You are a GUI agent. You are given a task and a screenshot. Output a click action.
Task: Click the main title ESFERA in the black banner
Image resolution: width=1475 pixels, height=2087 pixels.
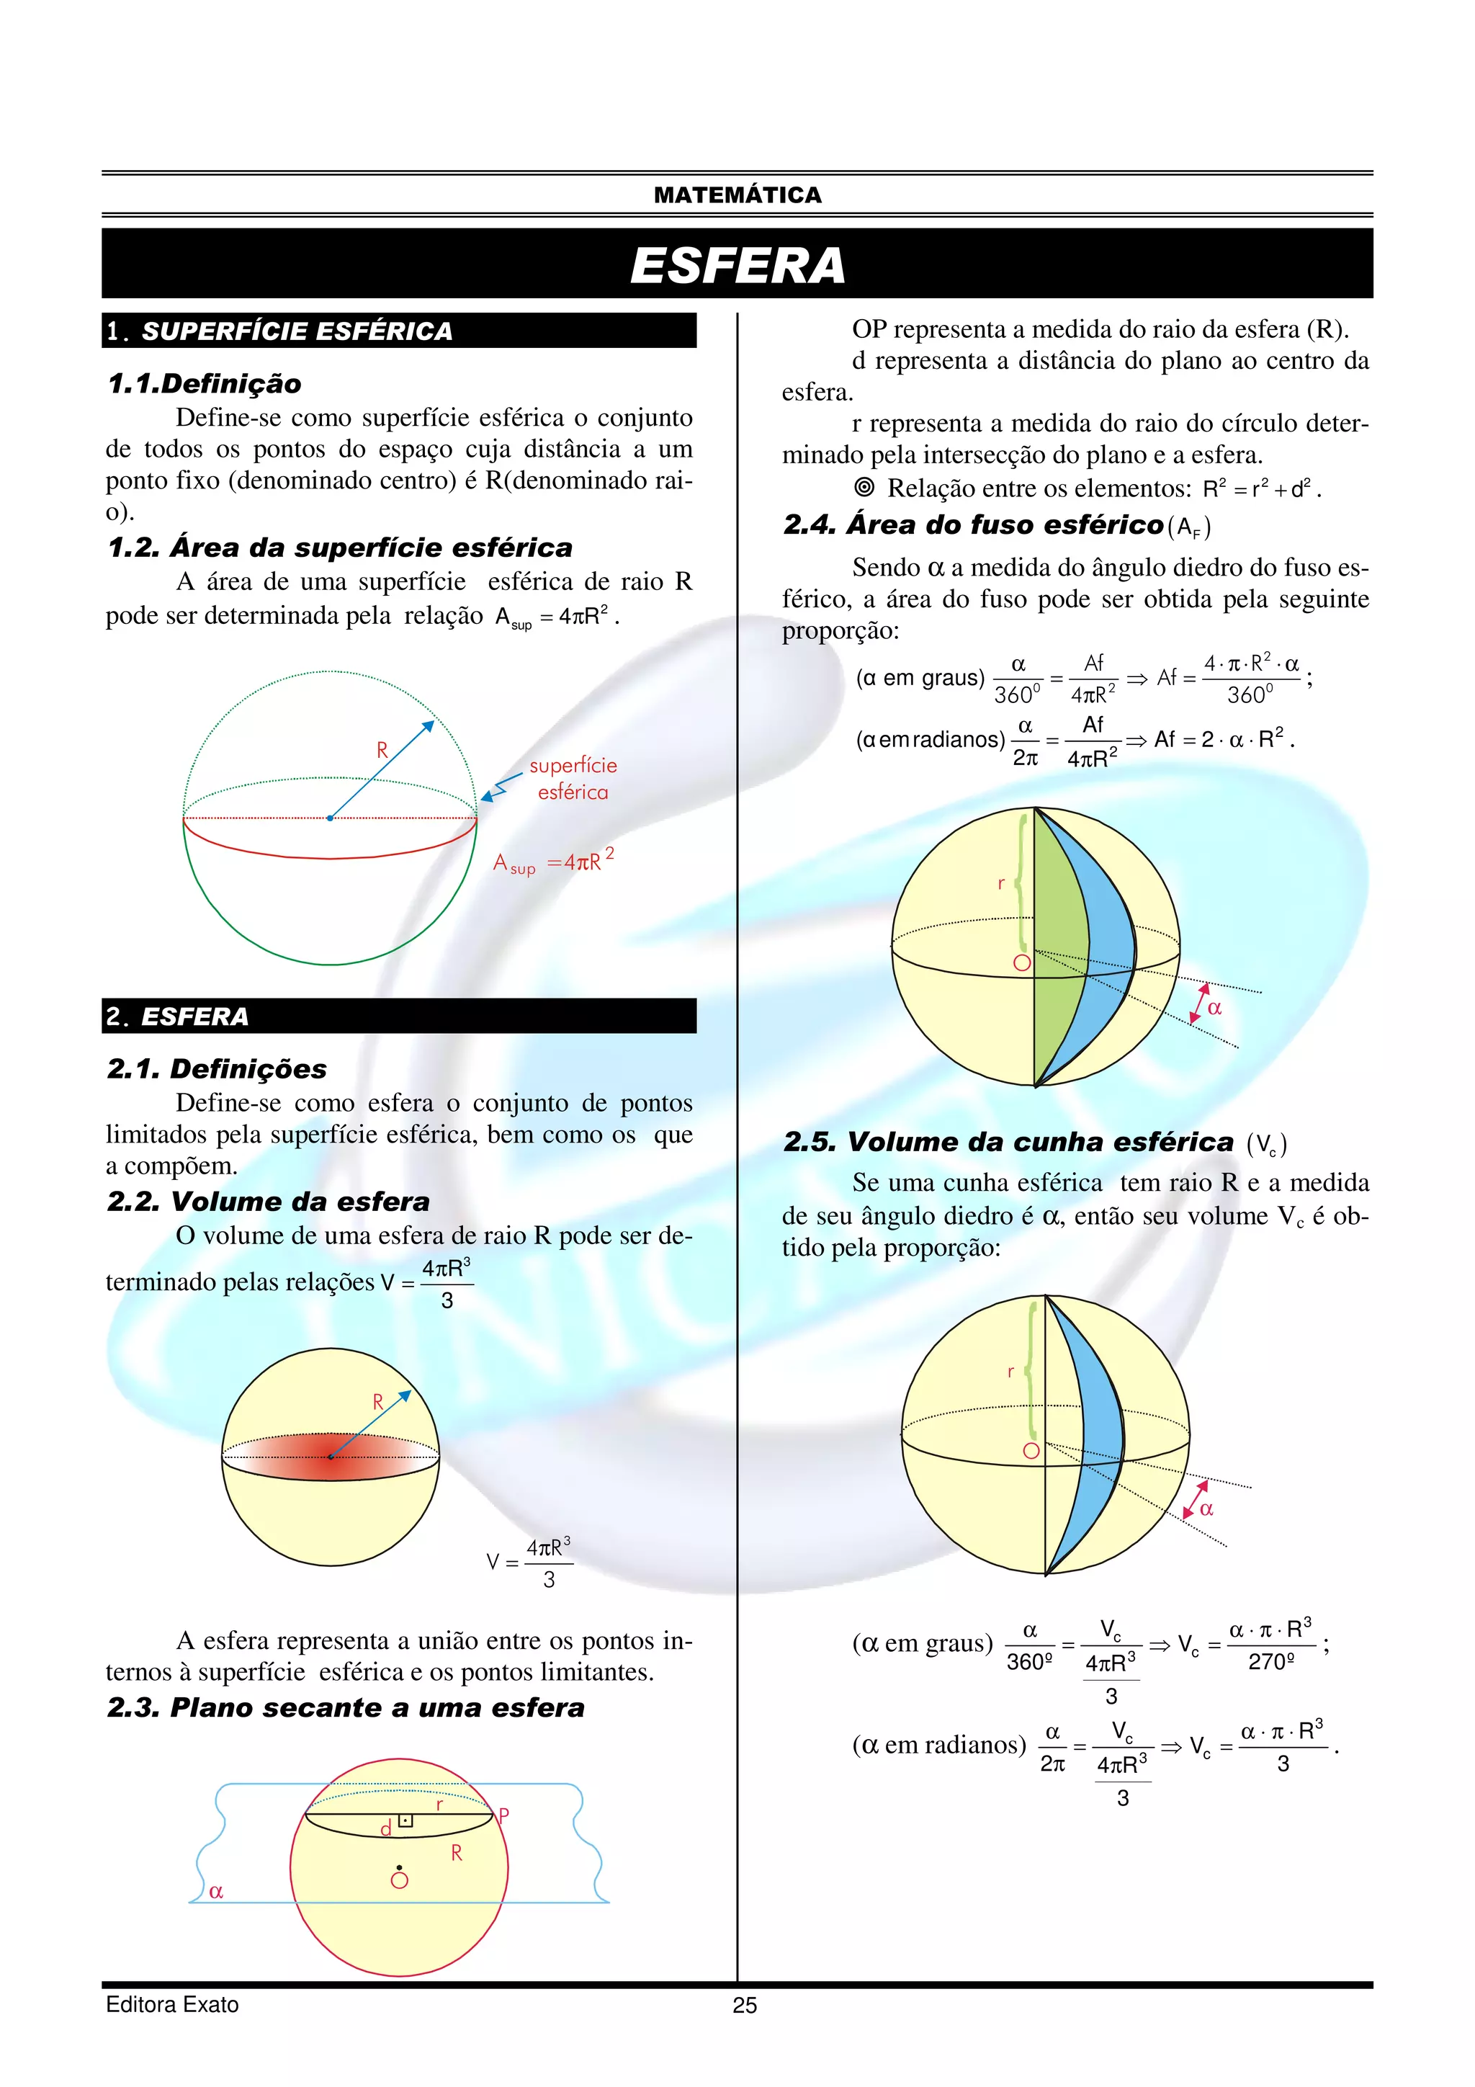click(737, 265)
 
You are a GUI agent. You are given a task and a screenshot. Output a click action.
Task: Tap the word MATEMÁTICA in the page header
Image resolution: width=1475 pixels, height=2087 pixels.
click(737, 195)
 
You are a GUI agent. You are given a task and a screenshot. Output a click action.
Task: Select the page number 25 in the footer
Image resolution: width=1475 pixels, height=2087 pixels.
click(744, 2005)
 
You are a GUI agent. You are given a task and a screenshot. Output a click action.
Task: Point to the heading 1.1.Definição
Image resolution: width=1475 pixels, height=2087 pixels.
click(205, 383)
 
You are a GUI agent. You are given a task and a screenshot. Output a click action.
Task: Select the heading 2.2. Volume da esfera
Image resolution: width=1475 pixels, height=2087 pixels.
click(268, 1202)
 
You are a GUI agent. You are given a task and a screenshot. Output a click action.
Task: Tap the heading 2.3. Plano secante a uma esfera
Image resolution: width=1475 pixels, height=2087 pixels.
click(346, 1707)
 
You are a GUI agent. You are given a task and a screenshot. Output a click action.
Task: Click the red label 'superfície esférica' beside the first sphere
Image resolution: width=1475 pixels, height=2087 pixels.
click(573, 779)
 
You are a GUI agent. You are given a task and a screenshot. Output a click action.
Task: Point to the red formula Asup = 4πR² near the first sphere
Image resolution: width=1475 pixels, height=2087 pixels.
click(552, 861)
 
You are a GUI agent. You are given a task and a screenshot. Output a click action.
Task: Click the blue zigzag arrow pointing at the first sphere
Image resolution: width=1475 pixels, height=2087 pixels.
click(501, 787)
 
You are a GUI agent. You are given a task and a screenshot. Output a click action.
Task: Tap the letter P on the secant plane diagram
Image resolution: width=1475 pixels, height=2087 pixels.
click(503, 1815)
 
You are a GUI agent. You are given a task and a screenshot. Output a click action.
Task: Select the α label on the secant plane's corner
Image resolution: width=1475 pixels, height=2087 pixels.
click(215, 1892)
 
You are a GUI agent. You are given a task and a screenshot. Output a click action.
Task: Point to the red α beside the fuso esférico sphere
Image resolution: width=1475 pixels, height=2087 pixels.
click(1214, 1007)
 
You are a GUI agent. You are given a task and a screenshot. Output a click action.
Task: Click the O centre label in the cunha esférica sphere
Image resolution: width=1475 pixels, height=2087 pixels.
click(1031, 1451)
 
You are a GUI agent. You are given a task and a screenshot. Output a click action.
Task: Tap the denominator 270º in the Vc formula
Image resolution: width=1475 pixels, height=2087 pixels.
click(1270, 1661)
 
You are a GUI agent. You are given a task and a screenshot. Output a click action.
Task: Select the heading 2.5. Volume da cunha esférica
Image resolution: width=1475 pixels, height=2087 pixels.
click(1009, 1142)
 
